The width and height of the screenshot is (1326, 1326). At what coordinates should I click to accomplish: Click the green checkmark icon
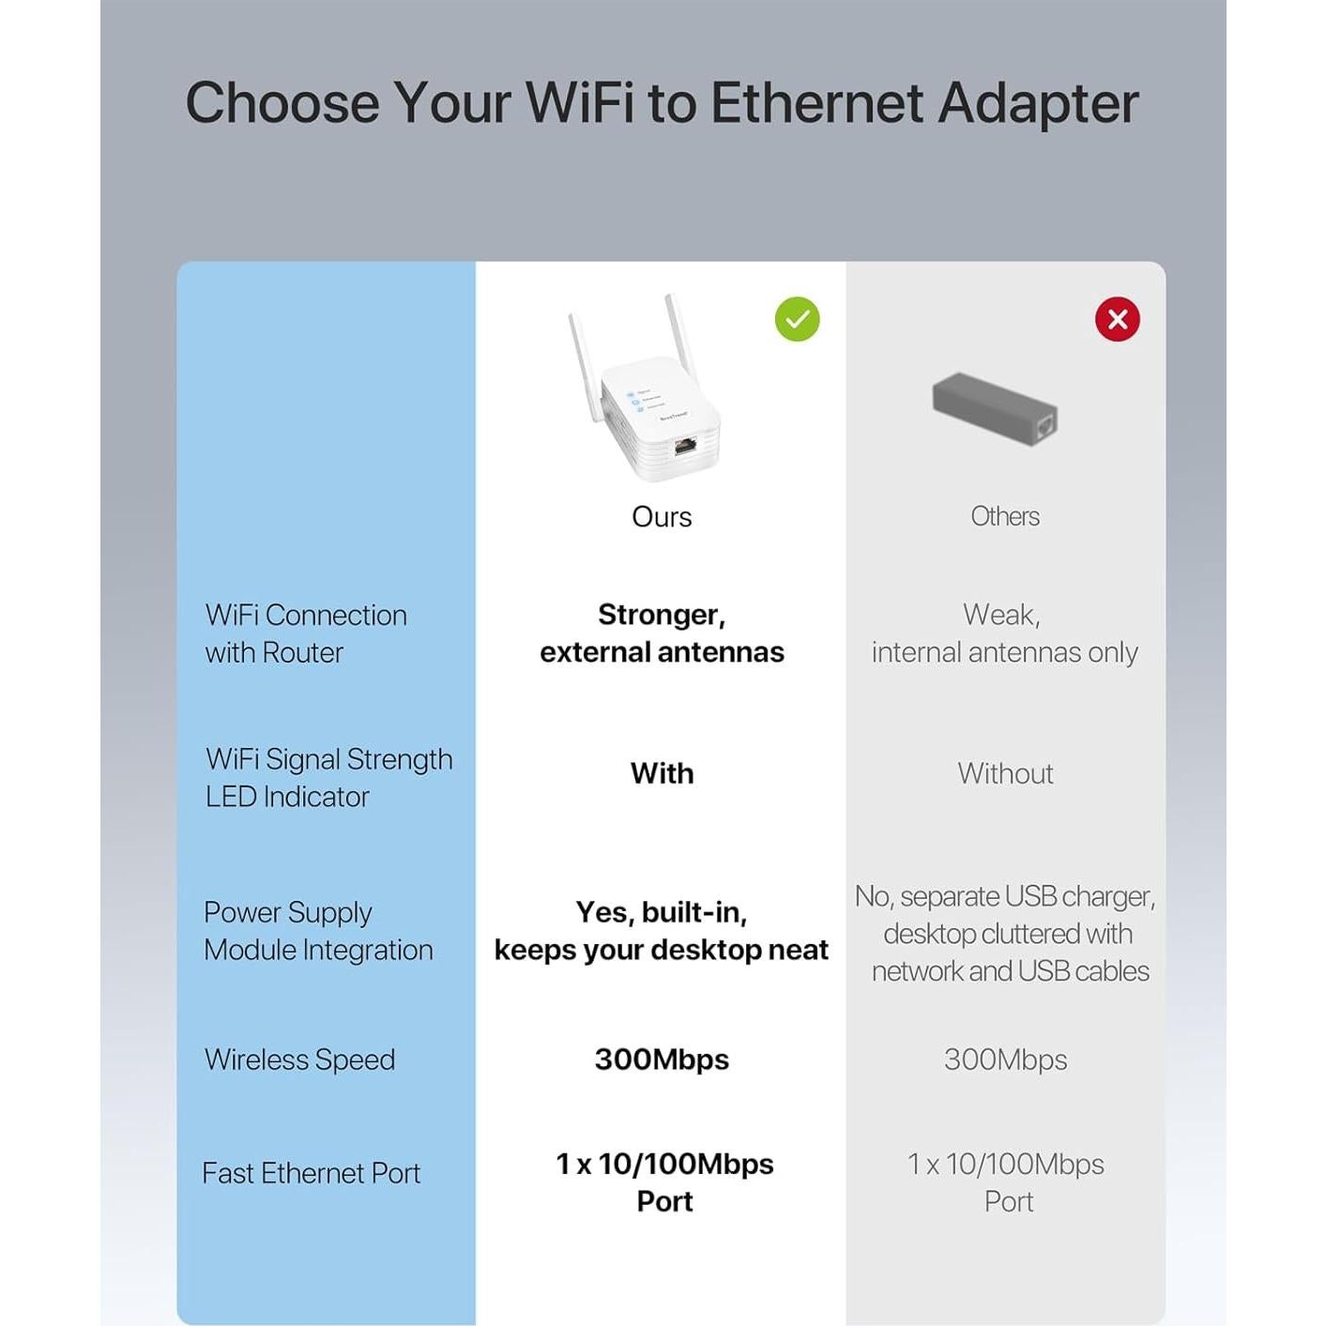[797, 319]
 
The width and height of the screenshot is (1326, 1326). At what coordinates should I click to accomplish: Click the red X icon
[1117, 319]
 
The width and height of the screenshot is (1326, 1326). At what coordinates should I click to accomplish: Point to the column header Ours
[662, 517]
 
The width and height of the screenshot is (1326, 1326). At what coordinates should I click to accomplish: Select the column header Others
[1005, 516]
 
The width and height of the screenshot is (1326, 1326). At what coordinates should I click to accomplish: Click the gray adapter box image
[995, 409]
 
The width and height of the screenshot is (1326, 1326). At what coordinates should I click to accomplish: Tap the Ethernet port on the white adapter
[685, 445]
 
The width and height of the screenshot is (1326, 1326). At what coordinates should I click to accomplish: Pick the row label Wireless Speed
[299, 1059]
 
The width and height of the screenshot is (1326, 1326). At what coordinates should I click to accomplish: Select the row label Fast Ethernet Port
[311, 1173]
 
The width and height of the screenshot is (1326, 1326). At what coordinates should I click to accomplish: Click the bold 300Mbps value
[662, 1059]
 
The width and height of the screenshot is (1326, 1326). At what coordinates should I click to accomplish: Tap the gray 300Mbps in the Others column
[1005, 1059]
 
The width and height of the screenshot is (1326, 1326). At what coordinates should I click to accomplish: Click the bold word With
[662, 773]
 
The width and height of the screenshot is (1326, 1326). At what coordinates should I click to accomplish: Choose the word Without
[1005, 773]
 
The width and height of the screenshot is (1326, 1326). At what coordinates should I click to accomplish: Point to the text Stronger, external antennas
[662, 633]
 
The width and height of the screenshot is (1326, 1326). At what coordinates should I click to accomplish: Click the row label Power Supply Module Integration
[318, 931]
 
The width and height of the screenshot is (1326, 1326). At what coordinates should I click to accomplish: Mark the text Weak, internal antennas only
[1004, 633]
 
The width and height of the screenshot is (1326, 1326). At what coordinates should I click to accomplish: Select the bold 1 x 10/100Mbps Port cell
[664, 1182]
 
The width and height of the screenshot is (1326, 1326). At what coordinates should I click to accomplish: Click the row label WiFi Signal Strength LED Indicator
[328, 778]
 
